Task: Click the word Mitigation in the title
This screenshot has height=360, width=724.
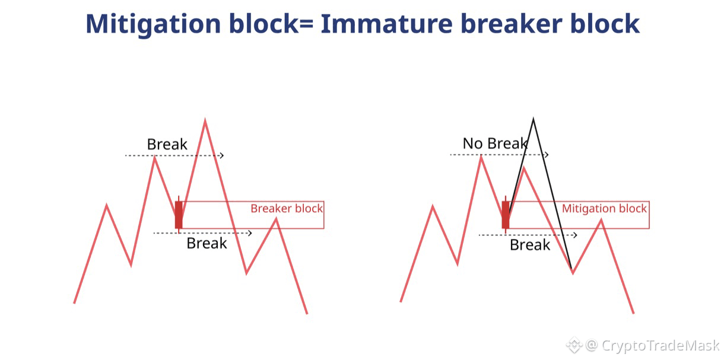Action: click(x=154, y=24)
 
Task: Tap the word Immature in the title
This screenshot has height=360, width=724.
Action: click(x=386, y=24)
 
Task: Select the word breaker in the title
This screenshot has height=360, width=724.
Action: click(x=512, y=24)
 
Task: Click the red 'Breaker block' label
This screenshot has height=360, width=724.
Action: click(x=287, y=208)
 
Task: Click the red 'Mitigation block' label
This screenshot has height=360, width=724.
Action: click(x=604, y=209)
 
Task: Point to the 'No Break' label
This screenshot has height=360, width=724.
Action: click(x=495, y=144)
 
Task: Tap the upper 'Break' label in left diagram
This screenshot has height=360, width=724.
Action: click(x=167, y=144)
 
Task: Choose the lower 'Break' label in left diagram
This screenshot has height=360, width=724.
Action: click(x=207, y=243)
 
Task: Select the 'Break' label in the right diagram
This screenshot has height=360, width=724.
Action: click(x=530, y=245)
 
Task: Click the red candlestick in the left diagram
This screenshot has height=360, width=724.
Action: click(x=179, y=215)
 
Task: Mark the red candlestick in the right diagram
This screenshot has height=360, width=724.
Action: click(x=506, y=215)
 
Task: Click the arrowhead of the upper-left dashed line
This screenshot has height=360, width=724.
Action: click(x=222, y=156)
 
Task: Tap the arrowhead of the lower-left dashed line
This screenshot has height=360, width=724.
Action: click(x=249, y=233)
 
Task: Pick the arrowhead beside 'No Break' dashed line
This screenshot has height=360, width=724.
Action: click(x=547, y=155)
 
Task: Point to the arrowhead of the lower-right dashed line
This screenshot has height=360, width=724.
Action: click(x=575, y=235)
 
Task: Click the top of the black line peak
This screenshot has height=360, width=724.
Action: click(x=533, y=119)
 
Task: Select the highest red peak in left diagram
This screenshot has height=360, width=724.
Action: click(x=205, y=120)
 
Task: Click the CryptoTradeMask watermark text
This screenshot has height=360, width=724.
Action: click(x=661, y=346)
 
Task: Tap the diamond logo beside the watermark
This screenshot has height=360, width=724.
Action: click(x=574, y=345)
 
